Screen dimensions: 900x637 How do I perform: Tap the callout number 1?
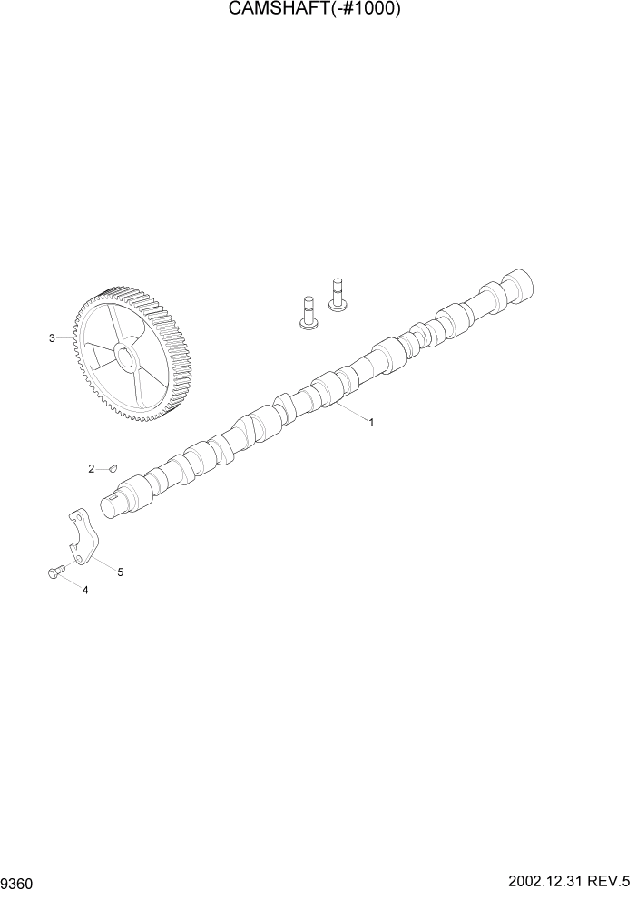click(x=371, y=422)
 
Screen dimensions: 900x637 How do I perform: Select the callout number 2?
click(x=91, y=468)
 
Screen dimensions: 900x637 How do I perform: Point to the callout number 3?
click(x=52, y=338)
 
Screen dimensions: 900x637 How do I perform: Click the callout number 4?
click(x=85, y=591)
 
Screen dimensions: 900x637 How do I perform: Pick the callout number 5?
click(x=120, y=572)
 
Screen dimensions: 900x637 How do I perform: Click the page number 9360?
click(x=19, y=882)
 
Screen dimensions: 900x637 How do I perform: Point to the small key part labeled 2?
click(x=113, y=468)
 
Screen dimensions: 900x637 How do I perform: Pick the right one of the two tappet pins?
click(x=338, y=294)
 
